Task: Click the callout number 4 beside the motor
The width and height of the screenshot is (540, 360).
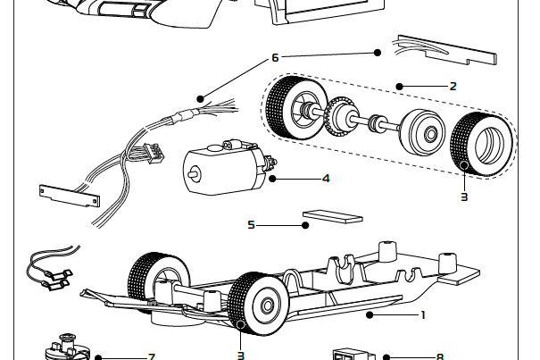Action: click(x=326, y=179)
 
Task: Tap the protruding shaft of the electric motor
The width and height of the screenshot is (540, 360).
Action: click(x=193, y=172)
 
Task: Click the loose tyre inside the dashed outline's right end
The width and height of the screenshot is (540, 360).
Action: click(x=481, y=144)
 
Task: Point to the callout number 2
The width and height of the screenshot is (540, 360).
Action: click(x=453, y=86)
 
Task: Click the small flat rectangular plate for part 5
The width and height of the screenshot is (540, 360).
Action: click(x=332, y=216)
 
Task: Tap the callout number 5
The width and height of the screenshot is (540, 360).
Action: click(x=251, y=225)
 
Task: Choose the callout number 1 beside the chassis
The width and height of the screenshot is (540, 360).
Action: click(x=423, y=314)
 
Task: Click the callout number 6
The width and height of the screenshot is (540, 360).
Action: click(x=275, y=57)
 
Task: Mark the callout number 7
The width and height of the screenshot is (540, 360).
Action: click(x=152, y=356)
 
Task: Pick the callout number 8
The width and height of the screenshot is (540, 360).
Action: click(x=440, y=356)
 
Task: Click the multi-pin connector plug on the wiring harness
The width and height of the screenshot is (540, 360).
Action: click(x=154, y=153)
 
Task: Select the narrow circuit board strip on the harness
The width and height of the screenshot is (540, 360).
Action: click(x=70, y=196)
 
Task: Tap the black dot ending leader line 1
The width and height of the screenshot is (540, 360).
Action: click(x=370, y=314)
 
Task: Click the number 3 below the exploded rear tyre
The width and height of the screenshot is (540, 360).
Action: click(x=464, y=197)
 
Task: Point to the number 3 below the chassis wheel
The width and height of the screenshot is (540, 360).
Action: click(x=241, y=356)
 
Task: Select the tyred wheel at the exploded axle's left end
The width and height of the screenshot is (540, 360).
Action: click(x=296, y=107)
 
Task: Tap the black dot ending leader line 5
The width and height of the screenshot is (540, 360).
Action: click(x=305, y=225)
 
